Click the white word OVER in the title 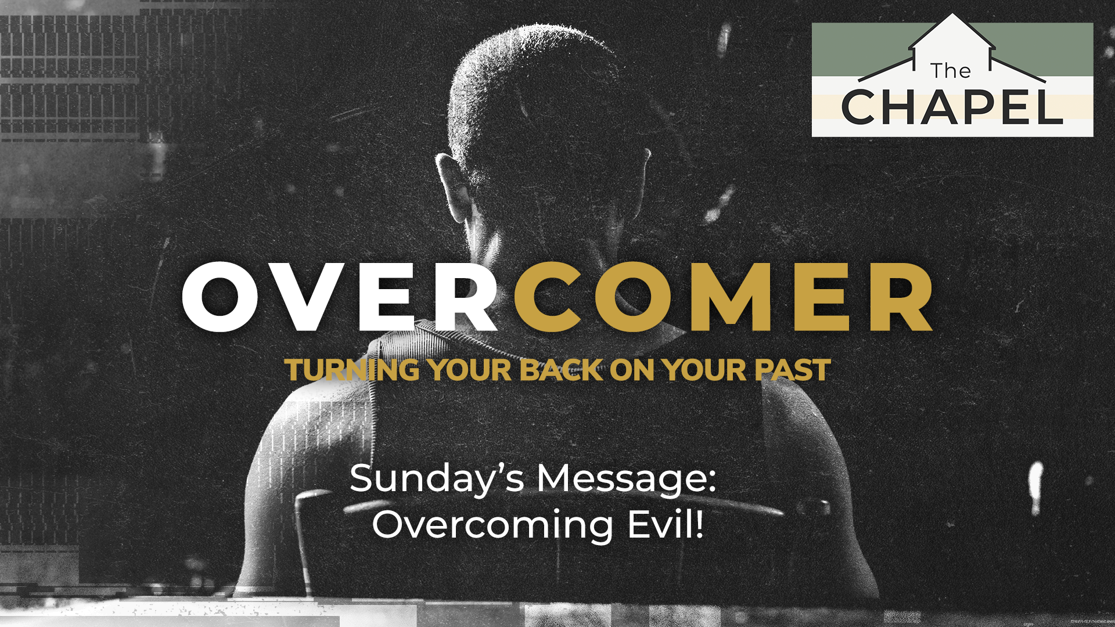pos(340,297)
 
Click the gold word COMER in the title pos(724,297)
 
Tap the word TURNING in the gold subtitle pos(353,370)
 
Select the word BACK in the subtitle pos(562,370)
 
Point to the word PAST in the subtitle pos(793,370)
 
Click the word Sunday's pos(437,480)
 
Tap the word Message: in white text pos(626,480)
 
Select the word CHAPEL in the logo pos(952,107)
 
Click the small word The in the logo pos(950,70)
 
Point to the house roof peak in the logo pos(952,14)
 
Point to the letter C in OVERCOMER pos(547,297)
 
